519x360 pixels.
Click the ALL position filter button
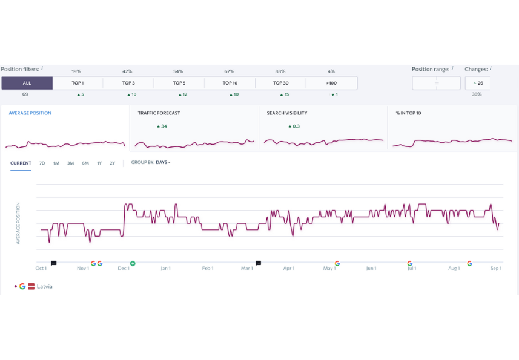(27, 83)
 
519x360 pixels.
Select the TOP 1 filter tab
(78, 83)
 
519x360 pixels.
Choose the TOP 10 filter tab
(230, 83)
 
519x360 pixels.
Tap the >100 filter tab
(331, 83)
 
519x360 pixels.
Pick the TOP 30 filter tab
(280, 83)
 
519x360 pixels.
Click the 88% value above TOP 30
(280, 71)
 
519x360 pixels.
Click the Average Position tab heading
(30, 113)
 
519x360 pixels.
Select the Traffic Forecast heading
(159, 113)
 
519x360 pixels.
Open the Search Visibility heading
(287, 113)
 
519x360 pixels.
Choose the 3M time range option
(71, 163)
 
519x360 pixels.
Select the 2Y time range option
(113, 163)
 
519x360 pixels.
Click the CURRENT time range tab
(21, 163)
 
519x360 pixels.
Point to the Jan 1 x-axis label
(165, 269)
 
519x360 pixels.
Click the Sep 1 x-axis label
(496, 269)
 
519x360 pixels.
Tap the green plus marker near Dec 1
(133, 264)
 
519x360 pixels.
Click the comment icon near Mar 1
(259, 264)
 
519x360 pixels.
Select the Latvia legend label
(45, 286)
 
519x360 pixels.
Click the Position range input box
(436, 83)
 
